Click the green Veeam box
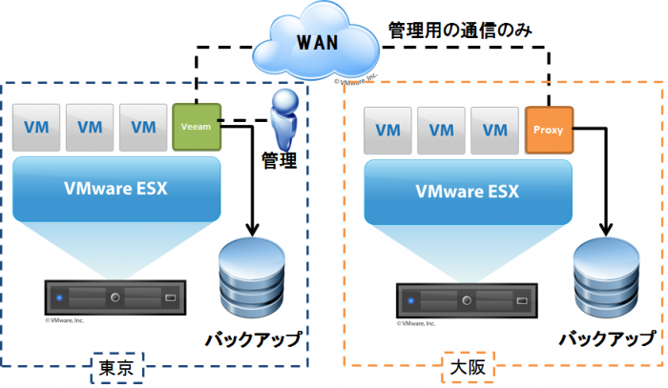click(x=198, y=125)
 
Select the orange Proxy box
click(x=549, y=129)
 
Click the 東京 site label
click(x=120, y=367)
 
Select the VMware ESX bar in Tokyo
click(x=117, y=188)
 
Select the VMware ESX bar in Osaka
click(x=468, y=191)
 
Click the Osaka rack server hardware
click(x=465, y=299)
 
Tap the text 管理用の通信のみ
click(x=460, y=31)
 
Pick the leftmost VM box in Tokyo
click(x=36, y=128)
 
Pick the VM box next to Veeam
click(x=144, y=128)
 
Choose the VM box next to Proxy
click(x=494, y=130)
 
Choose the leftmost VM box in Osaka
click(x=387, y=130)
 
